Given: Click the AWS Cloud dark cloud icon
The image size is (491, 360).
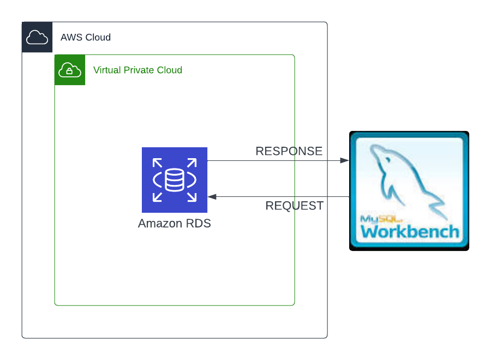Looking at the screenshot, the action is click(37, 37).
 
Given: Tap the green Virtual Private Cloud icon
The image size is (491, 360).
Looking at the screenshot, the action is click(70, 70).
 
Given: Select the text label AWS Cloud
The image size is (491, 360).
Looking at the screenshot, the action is click(86, 37).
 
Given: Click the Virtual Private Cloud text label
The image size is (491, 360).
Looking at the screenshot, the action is click(138, 70).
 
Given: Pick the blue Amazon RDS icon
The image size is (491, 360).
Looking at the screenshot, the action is click(175, 180).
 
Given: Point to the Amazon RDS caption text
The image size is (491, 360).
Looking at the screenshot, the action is click(175, 223).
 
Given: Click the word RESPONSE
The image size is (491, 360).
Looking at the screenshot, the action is click(289, 151).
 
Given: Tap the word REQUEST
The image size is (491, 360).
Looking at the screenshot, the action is click(295, 206).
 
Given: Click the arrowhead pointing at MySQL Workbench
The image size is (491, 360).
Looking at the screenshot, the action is click(344, 160).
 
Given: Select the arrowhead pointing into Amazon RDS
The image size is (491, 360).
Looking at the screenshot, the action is click(212, 196).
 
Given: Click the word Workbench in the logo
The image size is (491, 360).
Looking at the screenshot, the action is click(410, 232).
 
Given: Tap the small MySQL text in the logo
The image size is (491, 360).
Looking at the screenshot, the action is click(381, 219).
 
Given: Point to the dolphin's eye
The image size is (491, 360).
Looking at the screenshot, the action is click(388, 160).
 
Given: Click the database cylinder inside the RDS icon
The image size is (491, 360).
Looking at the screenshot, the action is click(175, 180).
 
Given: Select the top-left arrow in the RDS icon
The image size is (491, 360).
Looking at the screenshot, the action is click(157, 163).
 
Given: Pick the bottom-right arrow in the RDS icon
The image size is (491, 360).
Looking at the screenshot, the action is click(192, 197).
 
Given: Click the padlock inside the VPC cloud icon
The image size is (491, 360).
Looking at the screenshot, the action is click(69, 71).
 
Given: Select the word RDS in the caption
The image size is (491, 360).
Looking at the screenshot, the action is click(199, 223).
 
